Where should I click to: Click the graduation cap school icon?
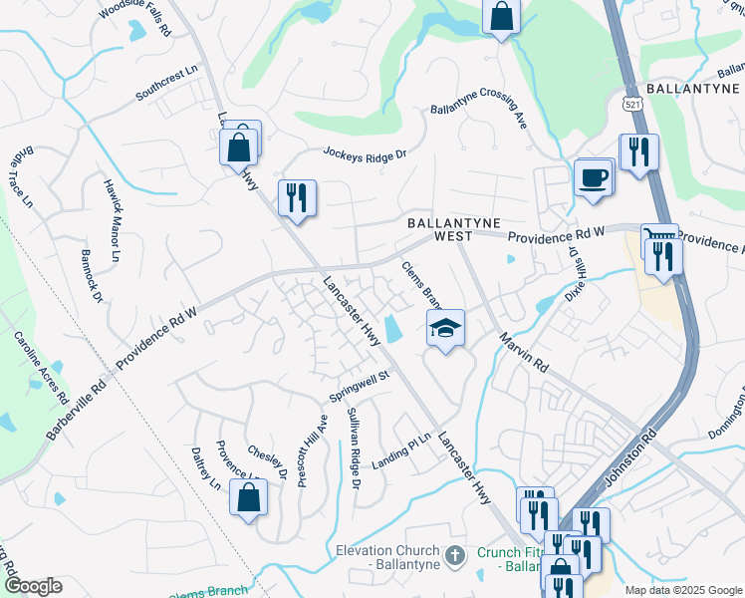(x=445, y=327)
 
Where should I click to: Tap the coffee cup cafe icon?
(x=593, y=177)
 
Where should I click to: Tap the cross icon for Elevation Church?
(x=454, y=555)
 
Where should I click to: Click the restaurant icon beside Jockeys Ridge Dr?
(x=296, y=196)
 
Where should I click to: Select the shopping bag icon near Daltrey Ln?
(x=248, y=497)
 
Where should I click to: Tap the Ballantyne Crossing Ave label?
(x=478, y=118)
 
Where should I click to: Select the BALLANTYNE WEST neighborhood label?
(x=452, y=230)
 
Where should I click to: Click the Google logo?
(x=33, y=585)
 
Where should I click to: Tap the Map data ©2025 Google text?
(x=682, y=590)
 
